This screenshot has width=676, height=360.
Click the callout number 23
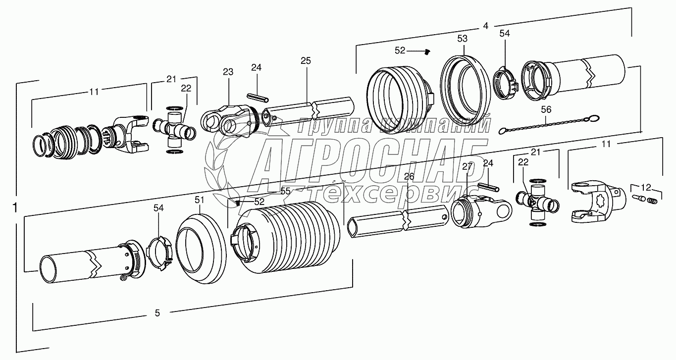[x=228, y=72]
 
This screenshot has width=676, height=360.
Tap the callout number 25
[x=306, y=61]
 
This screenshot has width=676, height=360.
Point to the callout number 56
[x=546, y=109]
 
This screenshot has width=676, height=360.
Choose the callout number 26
[x=409, y=176]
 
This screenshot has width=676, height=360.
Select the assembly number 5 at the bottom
[x=157, y=312]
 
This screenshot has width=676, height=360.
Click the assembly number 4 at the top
[x=486, y=25]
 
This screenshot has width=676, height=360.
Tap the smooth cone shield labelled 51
[x=201, y=250]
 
